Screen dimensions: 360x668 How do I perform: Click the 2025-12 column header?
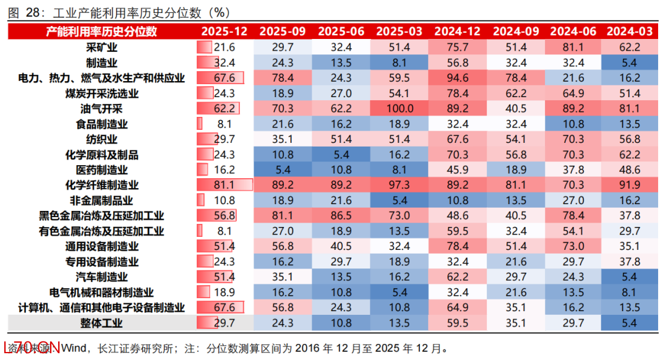pos(224,32)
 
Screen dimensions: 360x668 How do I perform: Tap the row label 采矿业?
pos(102,47)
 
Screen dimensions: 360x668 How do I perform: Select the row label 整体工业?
pos(102,323)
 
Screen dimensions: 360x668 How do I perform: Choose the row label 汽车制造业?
pos(102,277)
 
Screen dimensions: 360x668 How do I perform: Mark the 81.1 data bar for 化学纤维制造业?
pos(225,185)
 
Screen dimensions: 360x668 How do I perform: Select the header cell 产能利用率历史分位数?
pos(102,32)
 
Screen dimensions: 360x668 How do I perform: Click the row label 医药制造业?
pos(102,169)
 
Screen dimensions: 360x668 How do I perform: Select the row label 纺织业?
pos(102,139)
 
